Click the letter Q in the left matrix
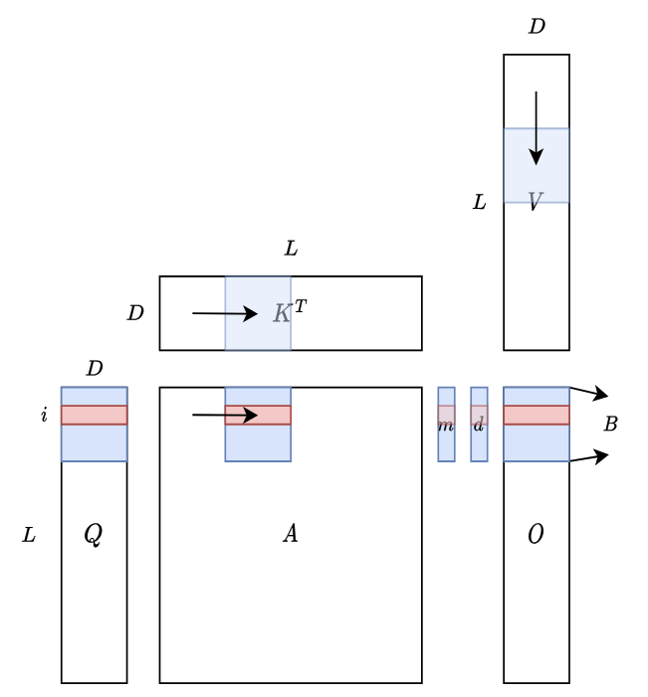[93, 534]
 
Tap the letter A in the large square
[291, 534]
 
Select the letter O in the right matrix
[536, 534]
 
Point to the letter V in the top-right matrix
[535, 202]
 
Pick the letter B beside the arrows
[610, 424]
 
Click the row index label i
[44, 415]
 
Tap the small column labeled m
[446, 425]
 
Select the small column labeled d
[479, 425]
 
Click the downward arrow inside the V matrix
[537, 128]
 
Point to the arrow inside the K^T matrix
[225, 314]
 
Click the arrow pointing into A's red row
[225, 415]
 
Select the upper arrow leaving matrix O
[588, 393]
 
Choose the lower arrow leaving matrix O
[588, 457]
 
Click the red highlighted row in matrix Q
[94, 415]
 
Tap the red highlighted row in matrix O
[536, 415]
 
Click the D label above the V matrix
[537, 27]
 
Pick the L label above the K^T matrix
[291, 249]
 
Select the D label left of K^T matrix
[135, 313]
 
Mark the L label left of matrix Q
[29, 535]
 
